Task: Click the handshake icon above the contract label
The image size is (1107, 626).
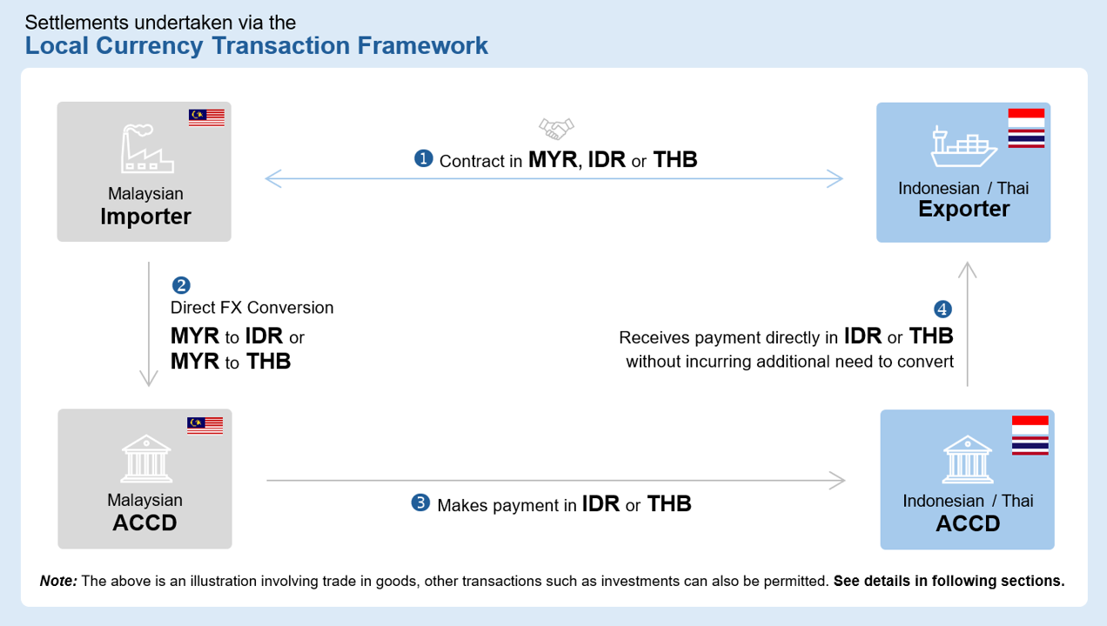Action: pyautogui.click(x=556, y=129)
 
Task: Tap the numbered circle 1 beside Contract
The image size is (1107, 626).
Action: pyautogui.click(x=424, y=158)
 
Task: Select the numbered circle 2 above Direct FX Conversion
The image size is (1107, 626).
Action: pyautogui.click(x=181, y=285)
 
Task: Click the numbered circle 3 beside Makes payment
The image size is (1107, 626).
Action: pyautogui.click(x=420, y=503)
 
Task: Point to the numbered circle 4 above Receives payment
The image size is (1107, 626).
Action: pyautogui.click(x=943, y=309)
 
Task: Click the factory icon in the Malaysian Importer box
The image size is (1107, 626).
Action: pyautogui.click(x=147, y=148)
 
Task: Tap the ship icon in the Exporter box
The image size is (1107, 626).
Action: pyautogui.click(x=963, y=147)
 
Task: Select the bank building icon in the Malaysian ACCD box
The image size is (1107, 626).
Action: pyautogui.click(x=146, y=458)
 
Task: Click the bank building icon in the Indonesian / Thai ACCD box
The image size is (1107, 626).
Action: pyautogui.click(x=968, y=459)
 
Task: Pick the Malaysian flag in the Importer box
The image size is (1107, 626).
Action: pyautogui.click(x=206, y=117)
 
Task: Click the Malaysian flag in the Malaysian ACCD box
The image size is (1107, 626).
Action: pyautogui.click(x=205, y=425)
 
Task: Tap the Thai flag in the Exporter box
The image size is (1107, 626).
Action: pyautogui.click(x=1026, y=138)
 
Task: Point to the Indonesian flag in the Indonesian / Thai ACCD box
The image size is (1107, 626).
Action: pyautogui.click(x=1030, y=425)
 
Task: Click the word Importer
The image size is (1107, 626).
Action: pyautogui.click(x=146, y=216)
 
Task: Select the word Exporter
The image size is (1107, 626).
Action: pyautogui.click(x=964, y=209)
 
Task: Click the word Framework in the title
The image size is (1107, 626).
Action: pyautogui.click(x=423, y=45)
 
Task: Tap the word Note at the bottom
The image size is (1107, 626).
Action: pyautogui.click(x=58, y=581)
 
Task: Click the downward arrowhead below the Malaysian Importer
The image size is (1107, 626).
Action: pyautogui.click(x=149, y=377)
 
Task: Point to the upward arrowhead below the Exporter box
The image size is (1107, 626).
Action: pyautogui.click(x=968, y=270)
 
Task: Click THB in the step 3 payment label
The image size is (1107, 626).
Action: pyautogui.click(x=669, y=503)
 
